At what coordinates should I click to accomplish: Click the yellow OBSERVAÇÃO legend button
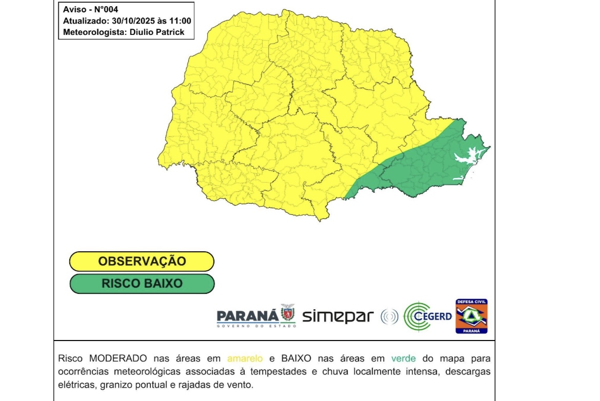(x=142, y=261)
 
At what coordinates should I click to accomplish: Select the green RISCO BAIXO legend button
(x=142, y=284)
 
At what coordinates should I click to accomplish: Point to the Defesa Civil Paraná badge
(x=471, y=316)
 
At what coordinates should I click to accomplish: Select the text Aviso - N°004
(x=90, y=10)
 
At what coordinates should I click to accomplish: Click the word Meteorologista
(x=95, y=32)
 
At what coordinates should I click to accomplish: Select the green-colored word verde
(x=403, y=358)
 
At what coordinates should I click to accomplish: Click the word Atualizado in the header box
(x=85, y=21)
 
